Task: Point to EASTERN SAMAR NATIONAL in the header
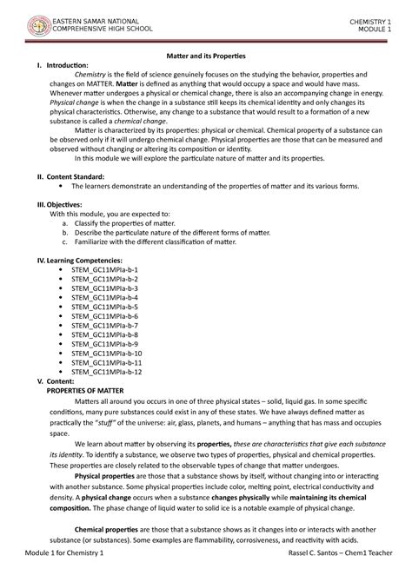[x=94, y=18]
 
